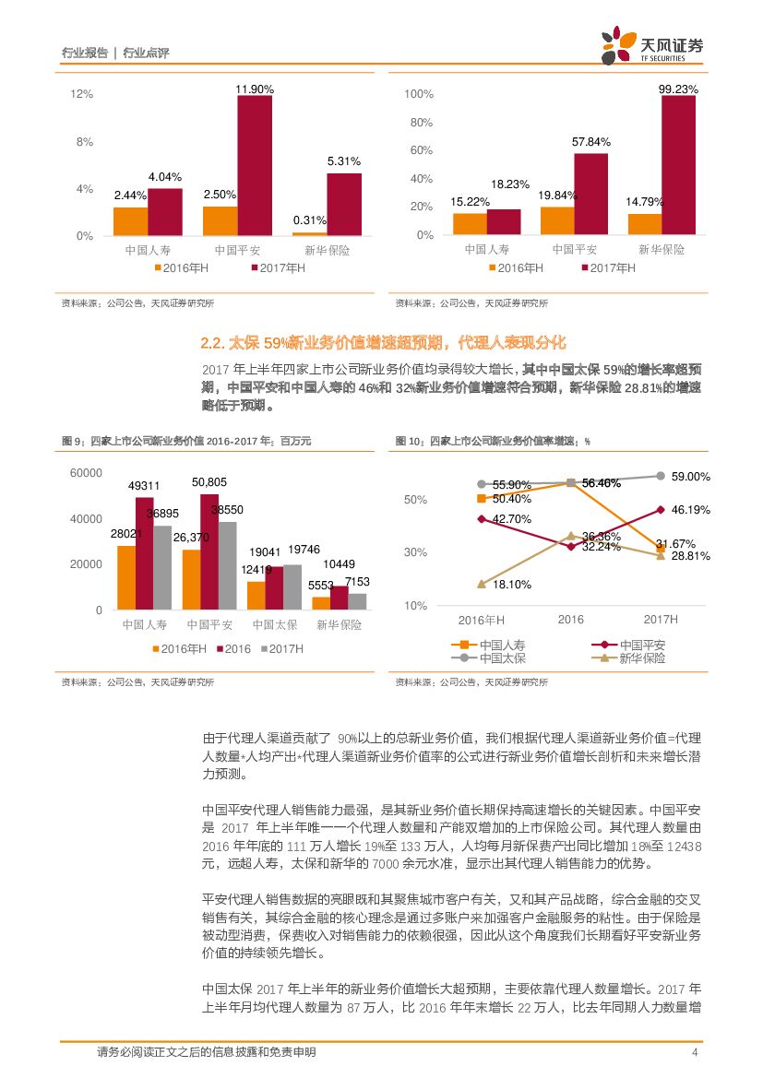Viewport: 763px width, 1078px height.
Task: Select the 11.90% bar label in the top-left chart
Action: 255,89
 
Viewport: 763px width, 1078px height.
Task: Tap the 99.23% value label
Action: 678,89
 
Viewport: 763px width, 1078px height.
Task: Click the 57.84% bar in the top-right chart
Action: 590,194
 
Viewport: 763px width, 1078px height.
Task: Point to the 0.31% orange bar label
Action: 309,220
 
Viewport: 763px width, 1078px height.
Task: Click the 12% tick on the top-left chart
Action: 82,95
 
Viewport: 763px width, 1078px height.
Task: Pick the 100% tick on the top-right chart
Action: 419,95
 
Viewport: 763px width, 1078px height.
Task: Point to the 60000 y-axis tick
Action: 86,473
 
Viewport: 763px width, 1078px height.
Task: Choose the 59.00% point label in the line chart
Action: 690,477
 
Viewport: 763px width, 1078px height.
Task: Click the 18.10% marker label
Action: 511,585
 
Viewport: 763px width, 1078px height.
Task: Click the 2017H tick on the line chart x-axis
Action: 661,620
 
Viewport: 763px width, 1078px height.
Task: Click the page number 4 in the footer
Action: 694,1053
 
